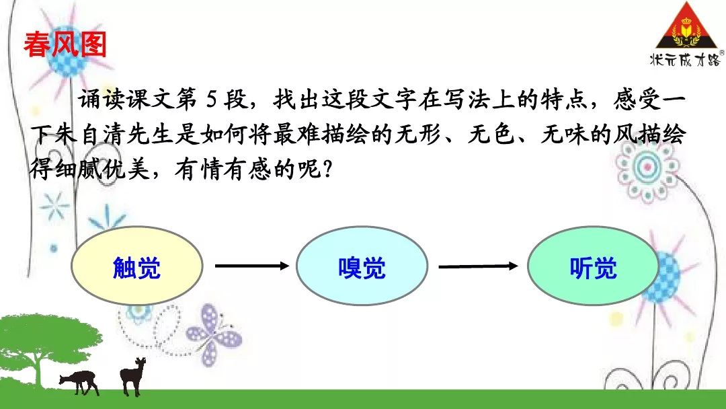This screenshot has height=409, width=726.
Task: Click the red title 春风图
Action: point(65,45)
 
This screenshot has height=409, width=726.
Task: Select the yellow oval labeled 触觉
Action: point(137,266)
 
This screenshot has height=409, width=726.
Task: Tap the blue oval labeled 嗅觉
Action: point(362,266)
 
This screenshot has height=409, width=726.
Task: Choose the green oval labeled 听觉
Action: point(593,266)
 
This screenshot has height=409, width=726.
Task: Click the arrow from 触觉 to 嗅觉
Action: point(252,266)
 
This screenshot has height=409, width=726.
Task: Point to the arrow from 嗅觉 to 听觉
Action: point(479,266)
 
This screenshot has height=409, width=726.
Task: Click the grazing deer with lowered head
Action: point(80,381)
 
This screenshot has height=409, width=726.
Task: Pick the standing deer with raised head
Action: point(132,376)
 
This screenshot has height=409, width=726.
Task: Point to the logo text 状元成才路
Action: point(685,59)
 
